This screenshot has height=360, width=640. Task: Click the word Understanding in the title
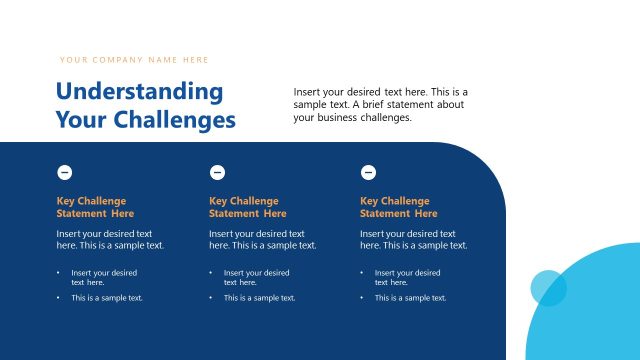click(x=139, y=91)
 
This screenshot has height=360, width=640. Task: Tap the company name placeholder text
click(x=134, y=60)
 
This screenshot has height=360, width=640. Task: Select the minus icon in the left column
click(x=65, y=172)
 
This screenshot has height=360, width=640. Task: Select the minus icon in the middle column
click(x=217, y=172)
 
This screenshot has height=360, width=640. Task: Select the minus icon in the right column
click(x=368, y=172)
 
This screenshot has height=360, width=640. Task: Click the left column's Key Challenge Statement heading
click(x=95, y=207)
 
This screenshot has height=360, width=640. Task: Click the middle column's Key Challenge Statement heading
click(x=247, y=207)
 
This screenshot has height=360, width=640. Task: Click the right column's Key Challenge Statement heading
click(x=398, y=207)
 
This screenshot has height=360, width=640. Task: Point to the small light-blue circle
click(x=548, y=288)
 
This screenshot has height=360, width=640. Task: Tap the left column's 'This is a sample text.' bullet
click(x=106, y=298)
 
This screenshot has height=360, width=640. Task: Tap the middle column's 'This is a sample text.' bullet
click(x=259, y=298)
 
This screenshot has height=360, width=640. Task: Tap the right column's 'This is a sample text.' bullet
click(x=410, y=298)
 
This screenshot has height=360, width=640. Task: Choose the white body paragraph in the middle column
click(x=262, y=239)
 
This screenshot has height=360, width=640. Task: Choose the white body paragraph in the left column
click(x=110, y=239)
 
